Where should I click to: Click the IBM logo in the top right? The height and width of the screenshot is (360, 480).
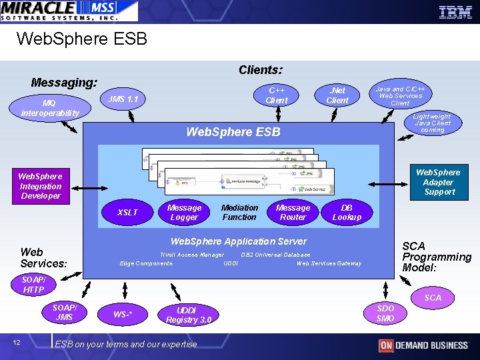tap(455, 11)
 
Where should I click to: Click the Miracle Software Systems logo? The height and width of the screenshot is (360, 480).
tap(69, 11)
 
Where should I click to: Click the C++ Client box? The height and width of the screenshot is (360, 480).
tap(277, 95)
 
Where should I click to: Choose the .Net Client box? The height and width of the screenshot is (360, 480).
tap(337, 95)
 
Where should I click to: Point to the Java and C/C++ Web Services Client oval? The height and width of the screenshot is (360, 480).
tap(400, 96)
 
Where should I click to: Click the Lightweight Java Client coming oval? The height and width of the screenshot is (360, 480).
tap(432, 123)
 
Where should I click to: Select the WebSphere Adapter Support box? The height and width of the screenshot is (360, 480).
tap(438, 182)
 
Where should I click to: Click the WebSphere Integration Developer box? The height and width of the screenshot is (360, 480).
tap(40, 187)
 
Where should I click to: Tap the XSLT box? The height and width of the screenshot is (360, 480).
tap(127, 213)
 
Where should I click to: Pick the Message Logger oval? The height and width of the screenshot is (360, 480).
tap(184, 213)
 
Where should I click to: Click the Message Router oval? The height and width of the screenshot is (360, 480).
tap(293, 213)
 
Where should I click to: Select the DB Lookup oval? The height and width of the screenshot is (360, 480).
tap(347, 213)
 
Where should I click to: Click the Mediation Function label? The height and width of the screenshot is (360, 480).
tap(239, 213)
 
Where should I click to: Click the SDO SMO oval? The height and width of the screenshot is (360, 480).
tap(385, 313)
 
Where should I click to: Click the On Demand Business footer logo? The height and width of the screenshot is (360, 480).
tap(423, 345)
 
